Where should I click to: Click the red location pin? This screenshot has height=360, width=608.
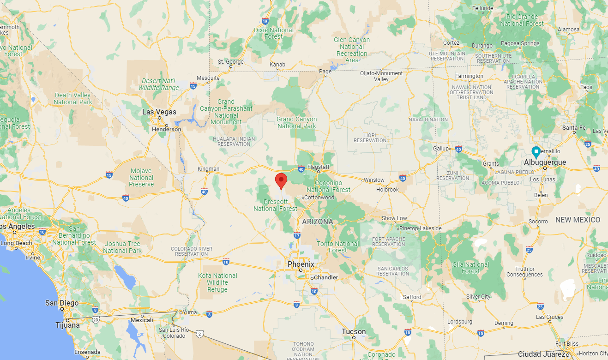[x=281, y=180]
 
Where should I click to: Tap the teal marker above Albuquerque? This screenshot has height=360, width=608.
[x=536, y=151]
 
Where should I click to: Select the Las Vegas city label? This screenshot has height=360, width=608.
[x=159, y=112]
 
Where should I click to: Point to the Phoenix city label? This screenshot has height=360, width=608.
[x=301, y=264]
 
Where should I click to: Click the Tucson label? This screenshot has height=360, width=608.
[x=354, y=331]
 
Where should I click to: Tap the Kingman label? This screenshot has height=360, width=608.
[x=209, y=169]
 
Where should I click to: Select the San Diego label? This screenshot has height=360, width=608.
[x=61, y=303]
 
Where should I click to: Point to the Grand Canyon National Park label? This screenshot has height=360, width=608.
[x=296, y=122]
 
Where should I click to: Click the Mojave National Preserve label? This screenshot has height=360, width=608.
[x=142, y=178]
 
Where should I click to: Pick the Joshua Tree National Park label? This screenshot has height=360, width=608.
[x=122, y=247]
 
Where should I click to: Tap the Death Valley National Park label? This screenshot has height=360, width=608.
[x=73, y=98]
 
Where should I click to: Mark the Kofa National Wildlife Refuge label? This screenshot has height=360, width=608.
[x=217, y=282]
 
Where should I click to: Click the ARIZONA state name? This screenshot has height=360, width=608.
[x=318, y=222]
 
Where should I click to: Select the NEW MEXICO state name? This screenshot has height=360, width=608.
[x=578, y=220]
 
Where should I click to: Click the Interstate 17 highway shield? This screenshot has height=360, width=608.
[x=297, y=235]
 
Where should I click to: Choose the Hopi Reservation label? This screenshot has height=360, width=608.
[x=370, y=138]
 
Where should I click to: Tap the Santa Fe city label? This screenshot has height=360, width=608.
[x=573, y=127]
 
